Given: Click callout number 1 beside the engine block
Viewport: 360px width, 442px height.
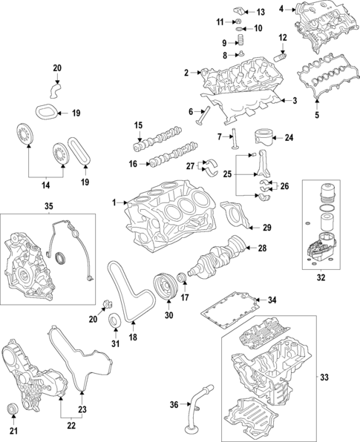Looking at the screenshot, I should coord(115,202).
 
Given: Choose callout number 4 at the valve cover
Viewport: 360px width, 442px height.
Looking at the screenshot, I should coord(282,9).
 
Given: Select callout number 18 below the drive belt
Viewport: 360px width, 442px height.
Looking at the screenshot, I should coord(134,337).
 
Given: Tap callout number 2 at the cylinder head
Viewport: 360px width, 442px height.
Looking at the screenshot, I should coord(187,72).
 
